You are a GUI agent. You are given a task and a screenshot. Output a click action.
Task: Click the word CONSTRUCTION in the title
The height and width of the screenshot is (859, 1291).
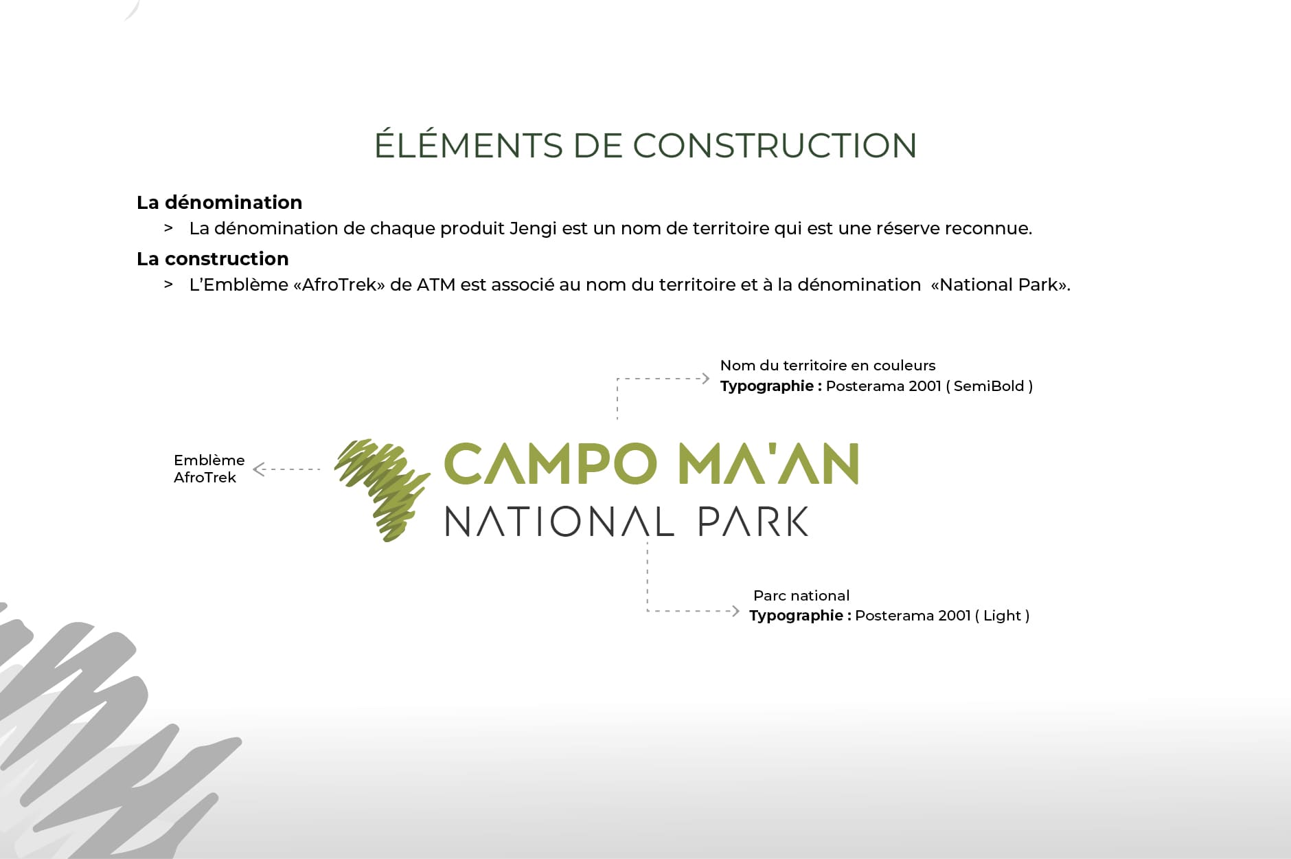pyautogui.click(x=775, y=146)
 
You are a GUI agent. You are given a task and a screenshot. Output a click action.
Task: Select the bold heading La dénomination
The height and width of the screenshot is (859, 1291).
pyautogui.click(x=219, y=202)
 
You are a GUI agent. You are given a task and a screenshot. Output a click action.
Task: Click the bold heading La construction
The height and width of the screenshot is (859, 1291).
pyautogui.click(x=212, y=258)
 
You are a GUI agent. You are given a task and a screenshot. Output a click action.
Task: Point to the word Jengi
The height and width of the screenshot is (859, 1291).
pyautogui.click(x=533, y=229)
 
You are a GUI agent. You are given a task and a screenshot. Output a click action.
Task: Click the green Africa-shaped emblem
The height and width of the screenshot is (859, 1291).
pyautogui.click(x=382, y=489)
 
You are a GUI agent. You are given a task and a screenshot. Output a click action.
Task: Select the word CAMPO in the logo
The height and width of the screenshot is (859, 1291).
pyautogui.click(x=551, y=464)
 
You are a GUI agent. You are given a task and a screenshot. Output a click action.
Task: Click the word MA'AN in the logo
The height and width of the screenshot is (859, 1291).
pyautogui.click(x=769, y=464)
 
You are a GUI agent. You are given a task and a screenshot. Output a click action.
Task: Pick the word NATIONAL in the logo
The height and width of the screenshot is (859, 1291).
pyautogui.click(x=559, y=522)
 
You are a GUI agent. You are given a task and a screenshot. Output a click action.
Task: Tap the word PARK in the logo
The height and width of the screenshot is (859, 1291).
pyautogui.click(x=753, y=522)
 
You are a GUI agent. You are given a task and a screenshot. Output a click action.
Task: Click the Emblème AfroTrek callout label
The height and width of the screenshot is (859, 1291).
pyautogui.click(x=209, y=469)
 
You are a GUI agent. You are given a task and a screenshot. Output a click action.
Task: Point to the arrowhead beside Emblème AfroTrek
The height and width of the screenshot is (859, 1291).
pyautogui.click(x=258, y=469)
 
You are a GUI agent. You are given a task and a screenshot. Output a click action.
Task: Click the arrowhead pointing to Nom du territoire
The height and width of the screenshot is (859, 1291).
pyautogui.click(x=705, y=378)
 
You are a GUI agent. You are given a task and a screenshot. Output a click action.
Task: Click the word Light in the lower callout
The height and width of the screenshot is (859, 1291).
pyautogui.click(x=1002, y=616)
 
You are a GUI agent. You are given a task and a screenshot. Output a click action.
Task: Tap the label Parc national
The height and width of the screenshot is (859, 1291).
pyautogui.click(x=801, y=596)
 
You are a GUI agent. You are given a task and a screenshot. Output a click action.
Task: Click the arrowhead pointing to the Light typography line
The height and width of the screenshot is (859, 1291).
pyautogui.click(x=735, y=610)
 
